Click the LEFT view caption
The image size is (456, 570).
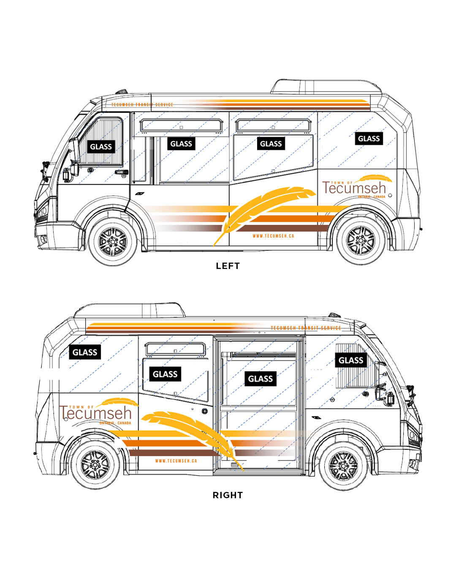pyautogui.click(x=228, y=266)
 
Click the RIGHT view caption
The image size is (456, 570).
pyautogui.click(x=228, y=495)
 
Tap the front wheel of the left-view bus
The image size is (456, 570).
pyautogui.click(x=113, y=242)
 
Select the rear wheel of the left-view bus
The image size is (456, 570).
pyautogui.click(x=361, y=241)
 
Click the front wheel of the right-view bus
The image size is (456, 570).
pyautogui.click(x=343, y=466)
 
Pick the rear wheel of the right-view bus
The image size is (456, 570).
pyautogui.click(x=95, y=465)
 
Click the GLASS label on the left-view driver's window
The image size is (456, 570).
pyautogui.click(x=101, y=147)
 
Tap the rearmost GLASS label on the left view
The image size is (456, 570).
pyautogui.click(x=369, y=138)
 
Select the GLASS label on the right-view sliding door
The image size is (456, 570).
pyautogui.click(x=260, y=379)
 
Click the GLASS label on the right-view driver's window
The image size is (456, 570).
pyautogui.click(x=350, y=360)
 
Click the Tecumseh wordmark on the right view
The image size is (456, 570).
pyautogui.click(x=96, y=413)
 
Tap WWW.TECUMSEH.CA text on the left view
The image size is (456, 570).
pyautogui.click(x=273, y=236)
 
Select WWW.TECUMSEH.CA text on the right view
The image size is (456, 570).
pyautogui.click(x=176, y=461)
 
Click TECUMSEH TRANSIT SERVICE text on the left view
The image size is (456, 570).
pyautogui.click(x=142, y=105)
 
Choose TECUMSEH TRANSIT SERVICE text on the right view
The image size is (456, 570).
pyautogui.click(x=306, y=328)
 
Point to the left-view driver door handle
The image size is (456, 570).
pyautogui.click(x=122, y=172)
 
